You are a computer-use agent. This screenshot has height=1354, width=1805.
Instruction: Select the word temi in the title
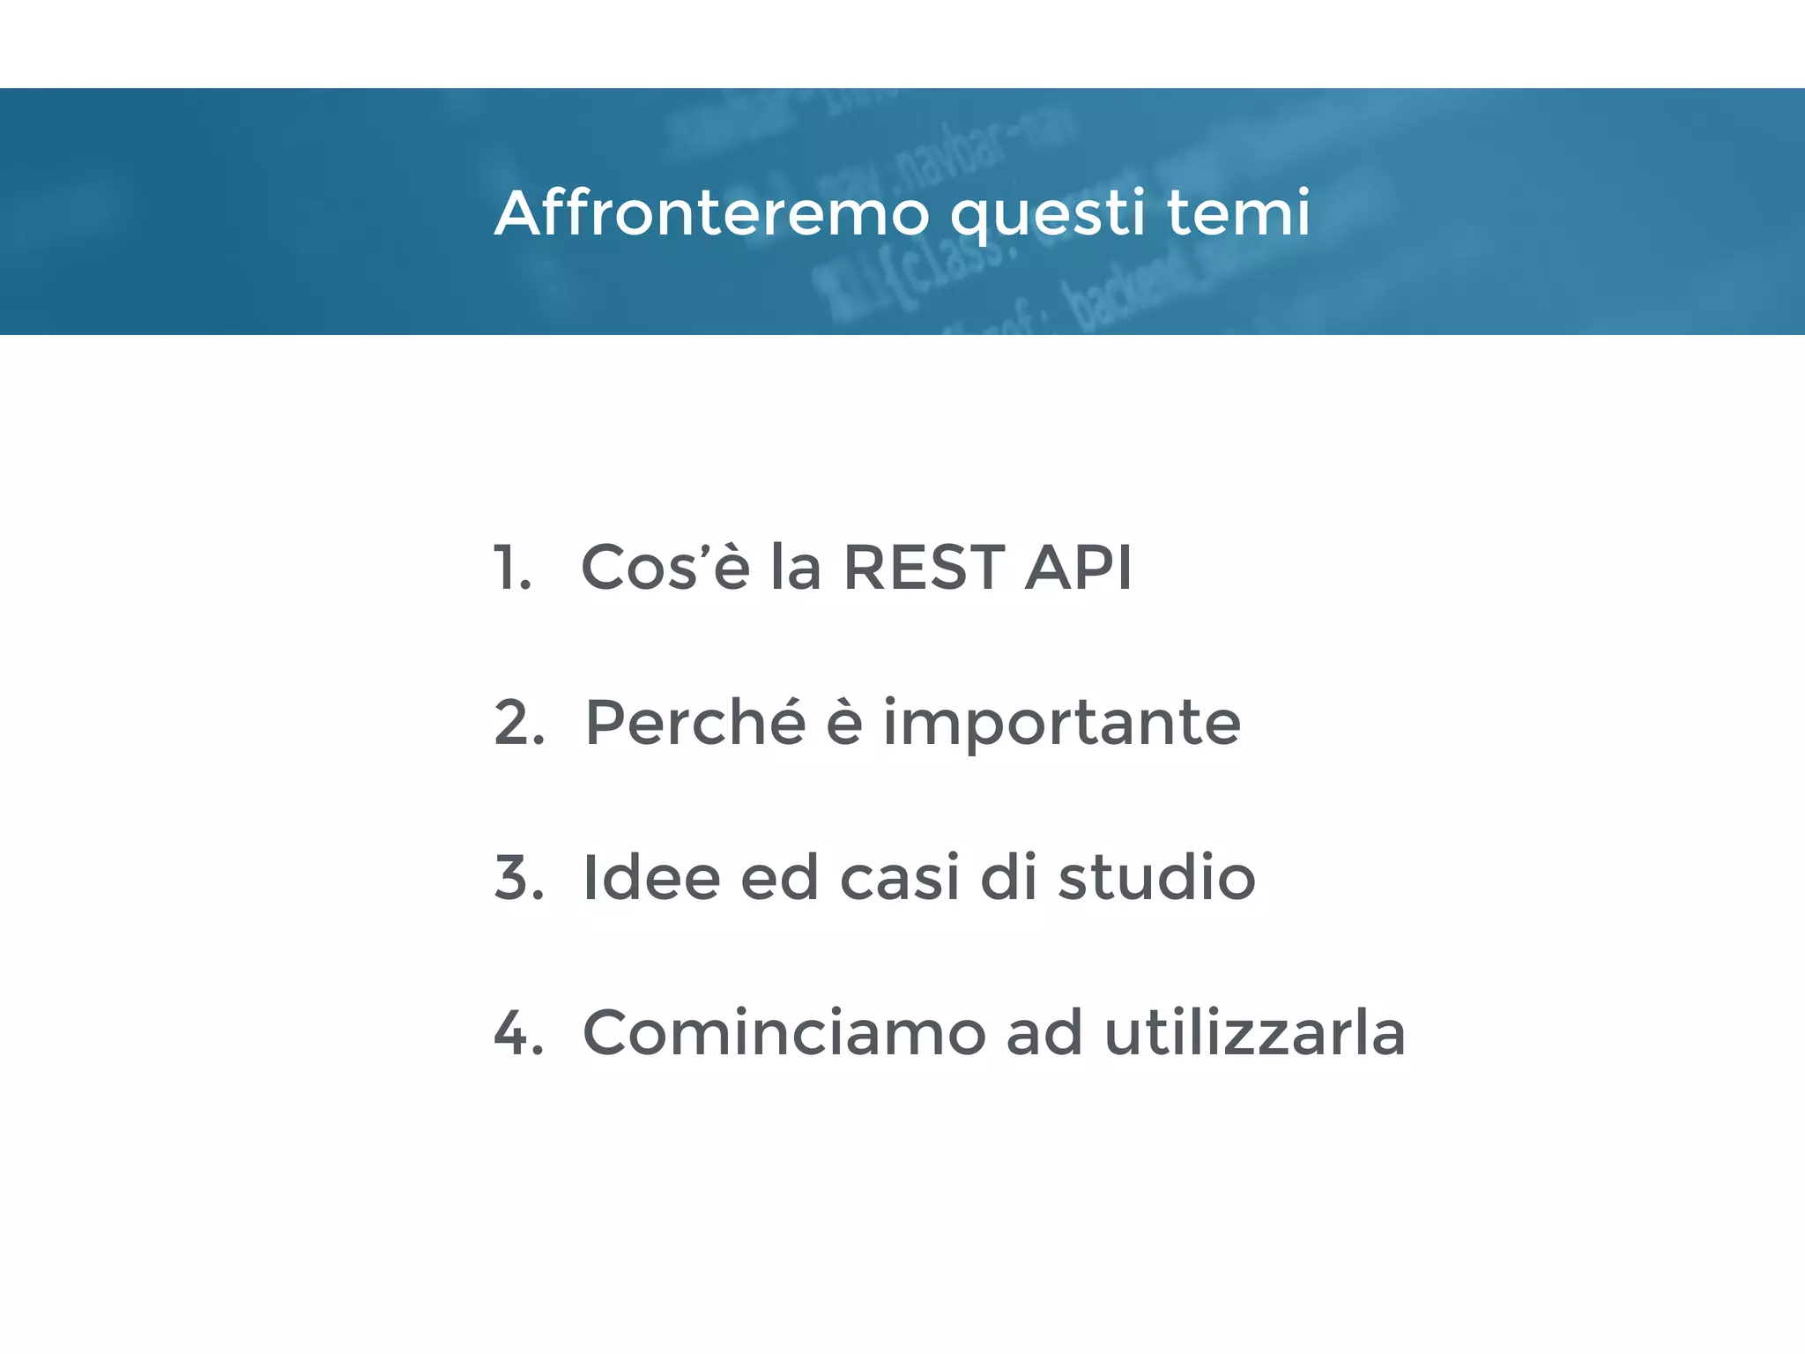(1238, 213)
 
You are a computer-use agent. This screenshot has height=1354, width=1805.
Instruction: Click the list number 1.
(511, 568)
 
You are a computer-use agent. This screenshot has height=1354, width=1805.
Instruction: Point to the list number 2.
(518, 723)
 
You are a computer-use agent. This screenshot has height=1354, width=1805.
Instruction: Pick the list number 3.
(518, 878)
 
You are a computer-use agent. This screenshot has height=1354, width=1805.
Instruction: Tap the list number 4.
(518, 1033)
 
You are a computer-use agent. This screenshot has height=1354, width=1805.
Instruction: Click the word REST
(923, 568)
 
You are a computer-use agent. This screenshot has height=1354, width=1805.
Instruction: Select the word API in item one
(1079, 568)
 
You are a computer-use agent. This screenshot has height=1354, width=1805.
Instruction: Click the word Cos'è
(665, 568)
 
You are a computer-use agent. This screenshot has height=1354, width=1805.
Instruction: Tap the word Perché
(695, 723)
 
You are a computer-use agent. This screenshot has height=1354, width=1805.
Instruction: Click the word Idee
(651, 878)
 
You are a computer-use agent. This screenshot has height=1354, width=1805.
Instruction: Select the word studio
(1156, 878)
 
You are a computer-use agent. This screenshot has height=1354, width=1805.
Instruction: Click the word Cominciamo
(784, 1033)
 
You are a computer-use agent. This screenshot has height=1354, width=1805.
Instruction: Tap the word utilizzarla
(1254, 1033)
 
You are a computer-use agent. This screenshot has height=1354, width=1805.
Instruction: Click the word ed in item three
(779, 878)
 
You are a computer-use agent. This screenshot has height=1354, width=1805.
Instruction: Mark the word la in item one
(796, 568)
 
